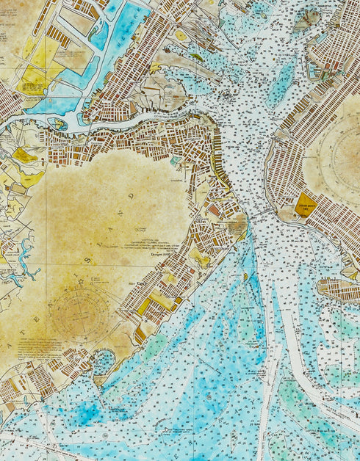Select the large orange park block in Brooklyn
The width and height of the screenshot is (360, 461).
pos(305,205)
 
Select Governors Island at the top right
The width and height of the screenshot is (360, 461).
pos(306,19)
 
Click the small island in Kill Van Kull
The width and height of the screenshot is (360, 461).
pos(60,124)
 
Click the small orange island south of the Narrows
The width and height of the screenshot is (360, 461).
pos(245,277)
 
